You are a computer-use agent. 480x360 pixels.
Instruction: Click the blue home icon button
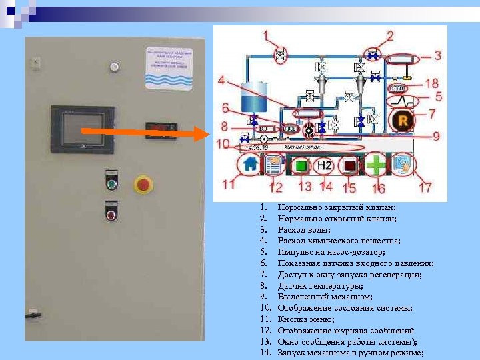click(250, 164)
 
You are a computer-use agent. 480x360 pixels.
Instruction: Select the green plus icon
click(377, 164)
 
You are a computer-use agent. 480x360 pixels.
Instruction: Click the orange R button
click(402, 121)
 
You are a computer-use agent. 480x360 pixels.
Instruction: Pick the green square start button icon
click(301, 165)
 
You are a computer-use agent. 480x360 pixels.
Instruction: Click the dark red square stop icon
click(349, 165)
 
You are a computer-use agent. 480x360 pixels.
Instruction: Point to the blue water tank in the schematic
click(254, 97)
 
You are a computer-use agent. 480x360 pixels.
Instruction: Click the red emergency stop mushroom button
click(143, 184)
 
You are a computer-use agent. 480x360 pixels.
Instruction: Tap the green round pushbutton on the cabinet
click(111, 183)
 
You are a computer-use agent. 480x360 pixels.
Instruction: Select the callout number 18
click(431, 83)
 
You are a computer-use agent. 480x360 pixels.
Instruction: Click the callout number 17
click(425, 188)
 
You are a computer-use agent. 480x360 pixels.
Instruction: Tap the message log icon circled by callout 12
click(273, 165)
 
